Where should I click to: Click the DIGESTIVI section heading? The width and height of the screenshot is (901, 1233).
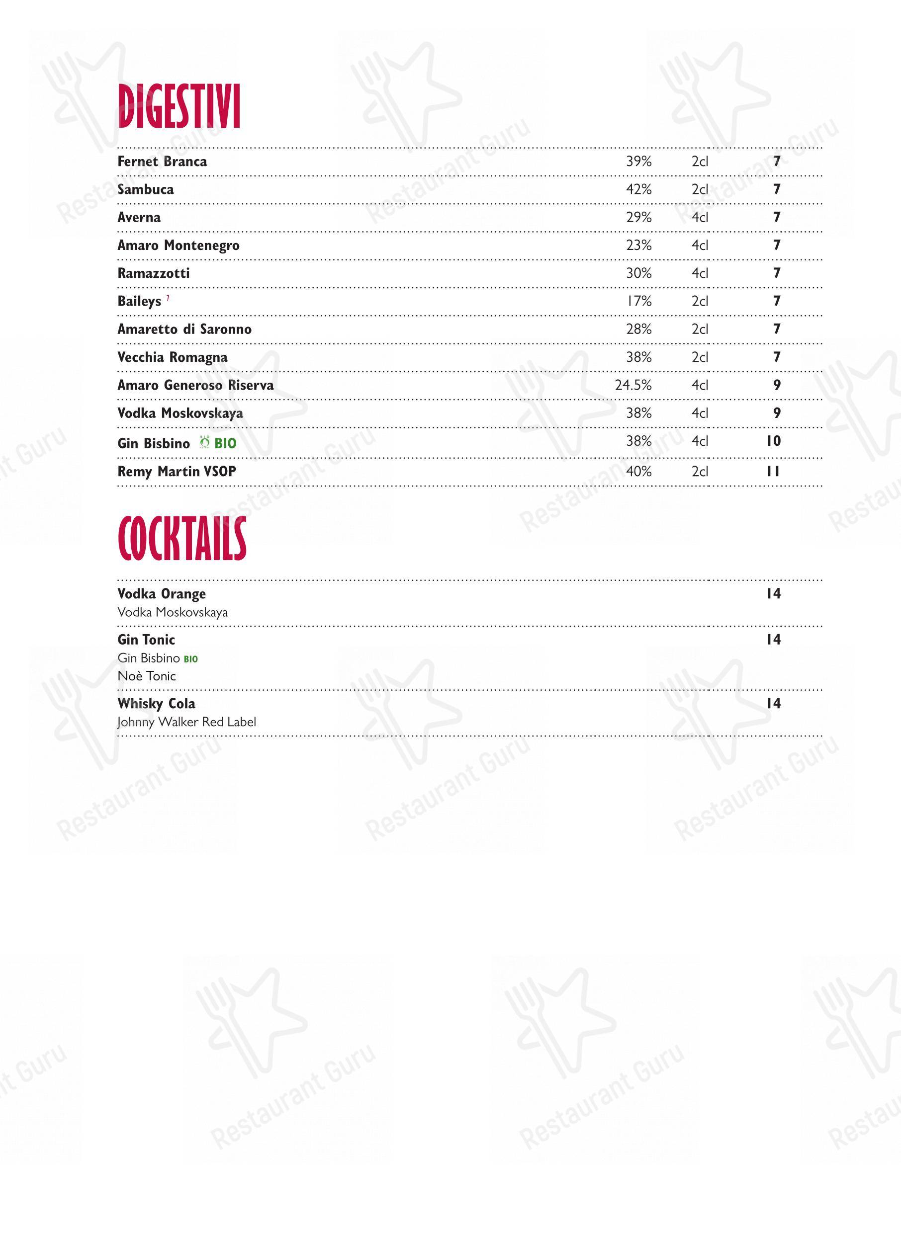click(179, 107)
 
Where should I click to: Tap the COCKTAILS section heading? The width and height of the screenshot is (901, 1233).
click(182, 539)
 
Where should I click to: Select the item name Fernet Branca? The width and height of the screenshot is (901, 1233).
click(162, 162)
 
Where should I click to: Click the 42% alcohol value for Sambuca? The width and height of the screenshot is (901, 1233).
click(638, 190)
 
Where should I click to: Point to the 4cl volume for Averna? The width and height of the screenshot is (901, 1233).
click(699, 218)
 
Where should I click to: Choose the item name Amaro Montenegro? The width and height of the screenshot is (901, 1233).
click(179, 246)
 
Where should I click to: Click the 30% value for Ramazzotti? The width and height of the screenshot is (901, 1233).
click(638, 273)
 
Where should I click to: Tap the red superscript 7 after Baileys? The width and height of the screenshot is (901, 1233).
click(168, 298)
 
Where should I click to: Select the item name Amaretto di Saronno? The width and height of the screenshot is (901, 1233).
click(184, 329)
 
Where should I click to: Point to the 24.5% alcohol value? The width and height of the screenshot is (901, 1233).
click(632, 385)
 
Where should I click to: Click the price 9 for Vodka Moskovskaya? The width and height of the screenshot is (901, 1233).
click(777, 413)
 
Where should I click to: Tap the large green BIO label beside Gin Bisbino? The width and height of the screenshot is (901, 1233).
click(225, 444)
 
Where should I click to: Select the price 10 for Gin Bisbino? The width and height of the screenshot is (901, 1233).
click(773, 441)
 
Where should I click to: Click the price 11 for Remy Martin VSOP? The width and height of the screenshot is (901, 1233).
click(773, 472)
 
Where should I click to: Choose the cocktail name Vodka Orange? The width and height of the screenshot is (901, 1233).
click(162, 593)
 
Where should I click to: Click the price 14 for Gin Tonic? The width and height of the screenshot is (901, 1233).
click(773, 640)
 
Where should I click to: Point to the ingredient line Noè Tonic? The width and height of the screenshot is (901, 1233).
click(147, 676)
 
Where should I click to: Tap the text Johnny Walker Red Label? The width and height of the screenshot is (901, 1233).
click(186, 722)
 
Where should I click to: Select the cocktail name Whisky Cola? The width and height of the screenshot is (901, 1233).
click(156, 704)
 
